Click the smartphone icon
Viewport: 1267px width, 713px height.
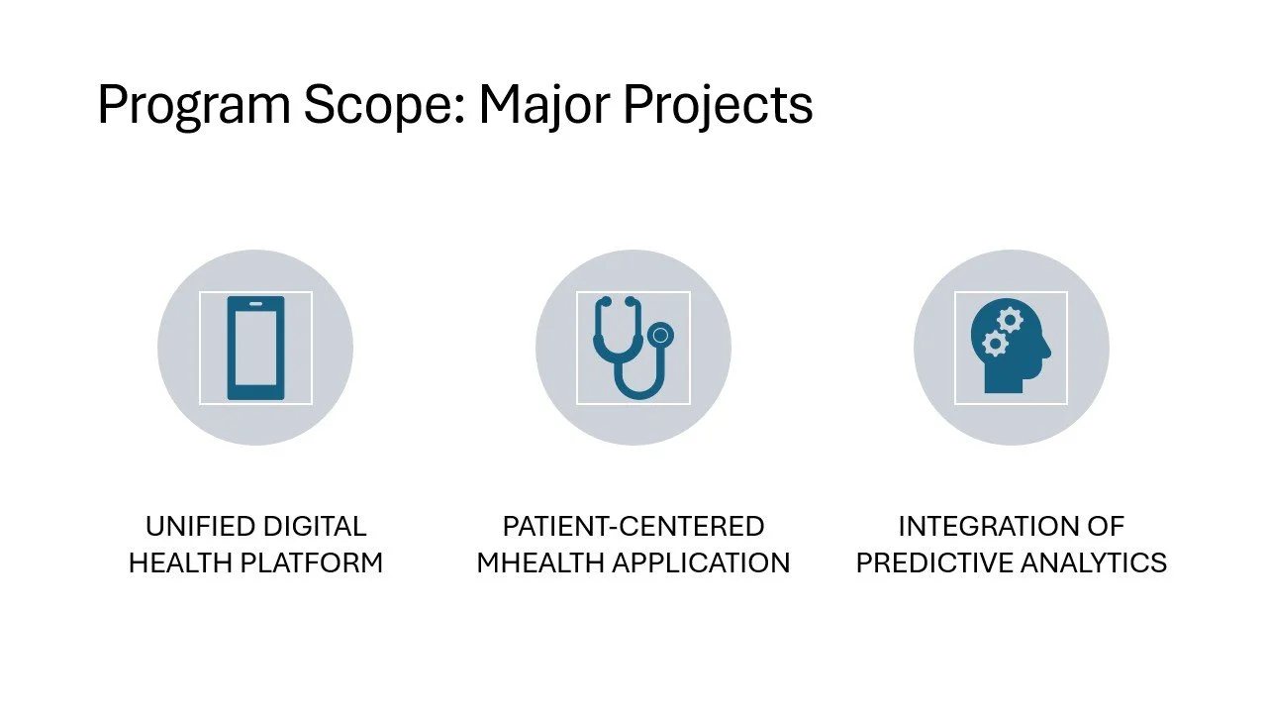coord(255,348)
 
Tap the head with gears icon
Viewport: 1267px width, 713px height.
coord(1010,348)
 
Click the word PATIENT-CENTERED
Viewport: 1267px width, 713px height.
coord(633,526)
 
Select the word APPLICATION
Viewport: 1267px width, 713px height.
coord(701,563)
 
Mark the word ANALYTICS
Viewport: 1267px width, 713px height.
coord(1096,563)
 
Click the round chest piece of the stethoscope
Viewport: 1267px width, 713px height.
coord(660,335)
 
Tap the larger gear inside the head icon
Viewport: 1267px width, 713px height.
coord(1010,320)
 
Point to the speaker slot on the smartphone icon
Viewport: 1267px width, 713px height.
coord(255,303)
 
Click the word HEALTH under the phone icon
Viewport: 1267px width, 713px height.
coord(177,563)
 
